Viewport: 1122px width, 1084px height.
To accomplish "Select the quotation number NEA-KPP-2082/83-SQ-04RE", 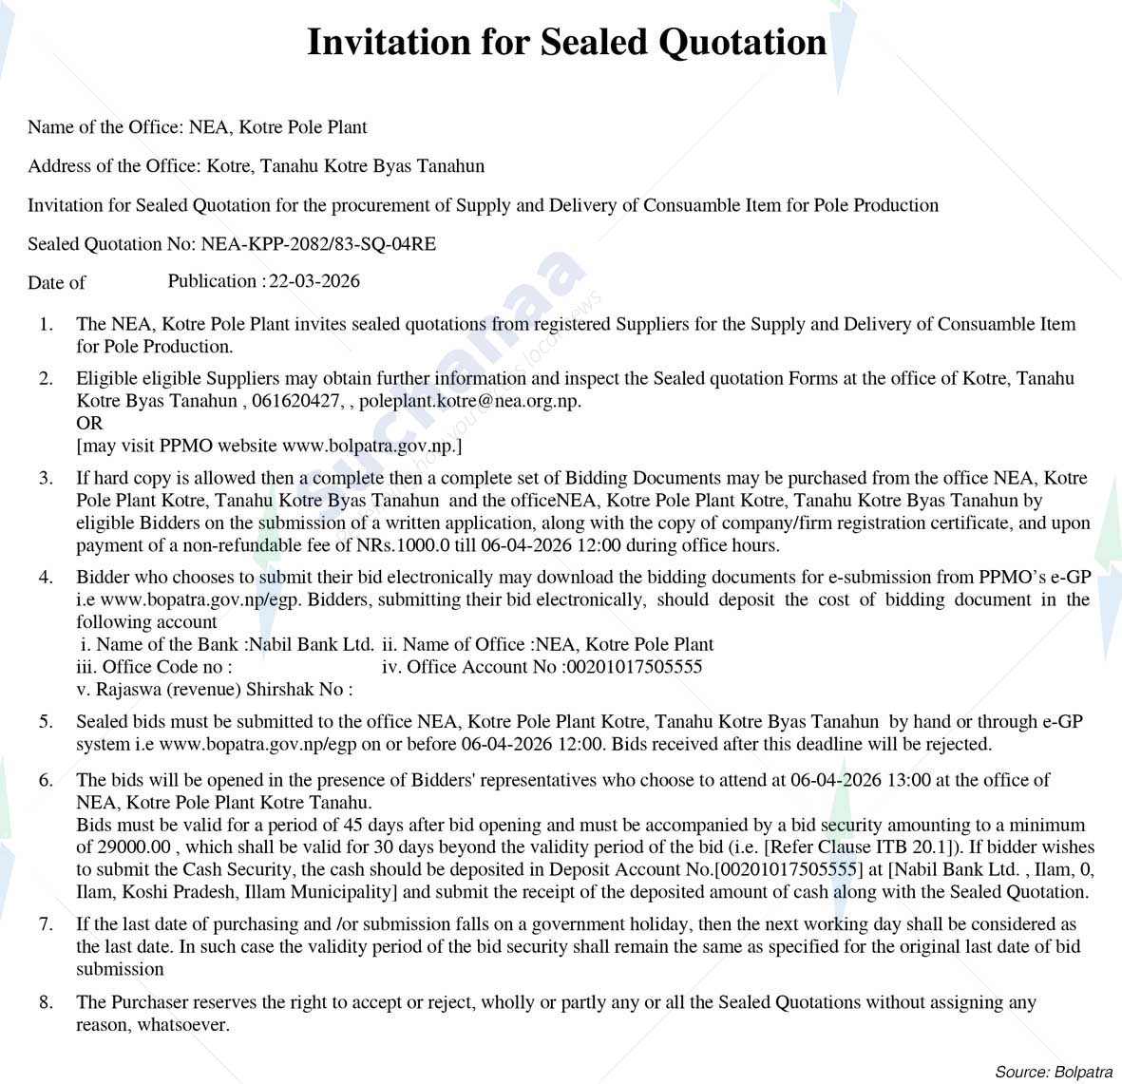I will [318, 244].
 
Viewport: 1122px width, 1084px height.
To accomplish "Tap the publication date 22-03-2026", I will [314, 281].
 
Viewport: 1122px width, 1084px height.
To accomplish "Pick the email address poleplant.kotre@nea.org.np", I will [468, 401].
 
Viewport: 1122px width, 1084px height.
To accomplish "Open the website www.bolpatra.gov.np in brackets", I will [369, 446].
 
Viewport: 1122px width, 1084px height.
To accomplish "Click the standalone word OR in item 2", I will [89, 424].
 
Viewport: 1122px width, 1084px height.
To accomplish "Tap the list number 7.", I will [46, 924].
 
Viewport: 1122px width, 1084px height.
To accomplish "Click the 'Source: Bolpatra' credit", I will [1053, 1072].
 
